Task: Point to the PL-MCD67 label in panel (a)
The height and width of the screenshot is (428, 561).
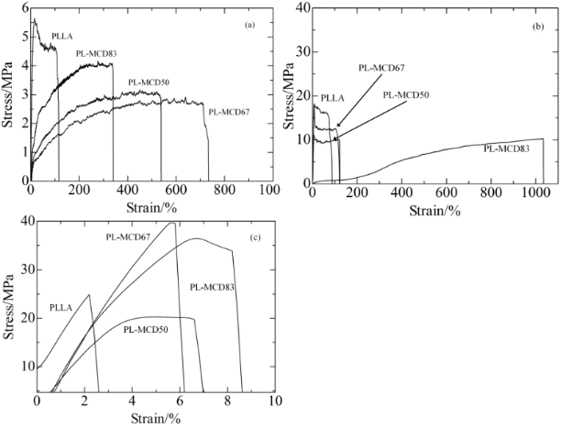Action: click(x=230, y=113)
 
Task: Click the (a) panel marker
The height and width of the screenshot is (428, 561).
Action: click(x=247, y=25)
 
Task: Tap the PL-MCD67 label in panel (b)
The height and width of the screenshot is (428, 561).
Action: click(x=379, y=67)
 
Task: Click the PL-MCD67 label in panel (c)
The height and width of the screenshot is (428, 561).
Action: click(x=127, y=236)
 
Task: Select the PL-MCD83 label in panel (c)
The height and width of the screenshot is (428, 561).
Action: click(x=211, y=287)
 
